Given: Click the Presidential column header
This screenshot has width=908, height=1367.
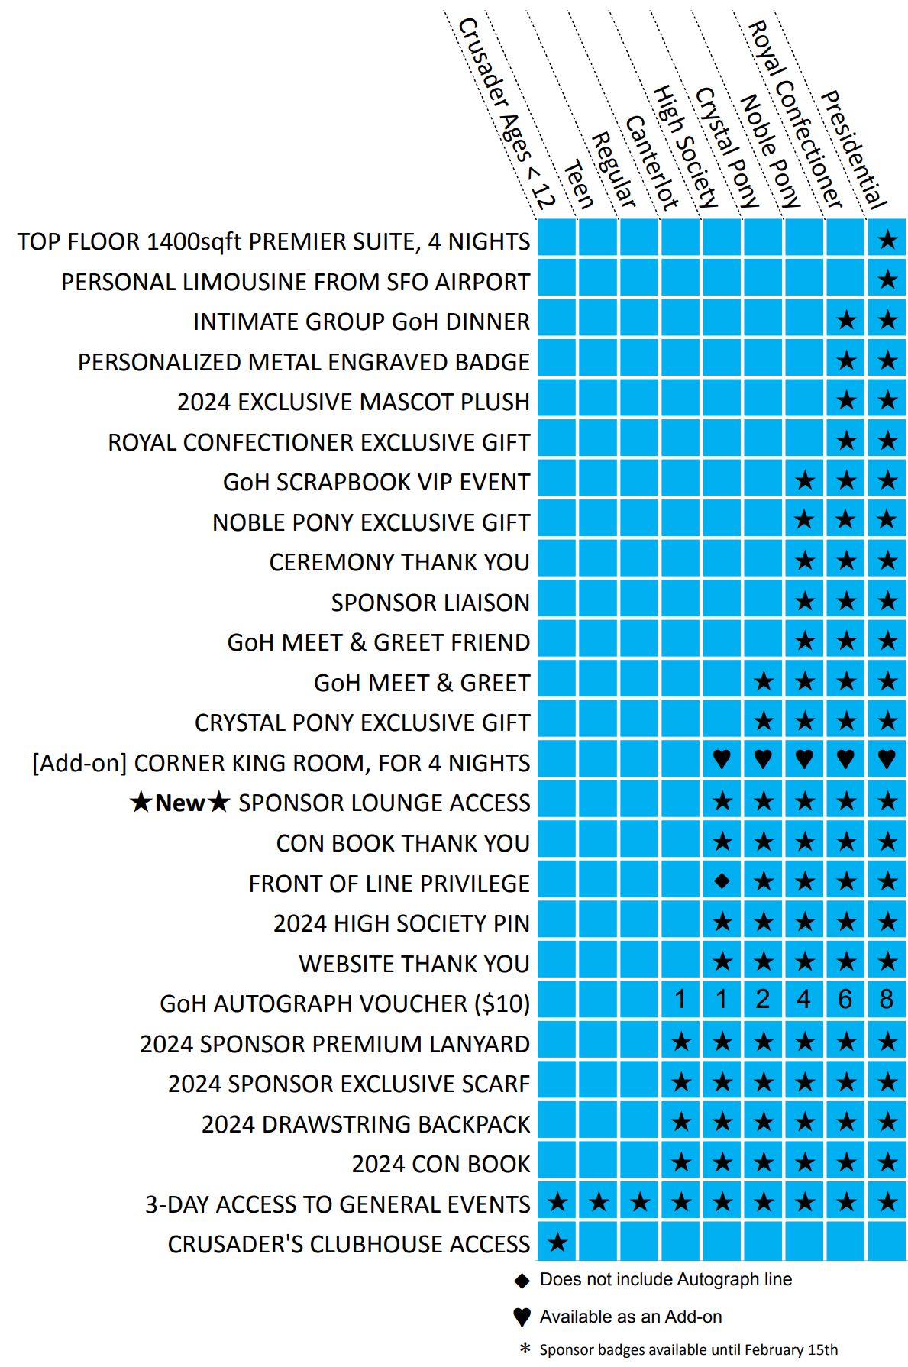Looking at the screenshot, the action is pos(854,150).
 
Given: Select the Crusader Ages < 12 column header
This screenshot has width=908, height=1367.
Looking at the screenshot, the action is pos(506,115).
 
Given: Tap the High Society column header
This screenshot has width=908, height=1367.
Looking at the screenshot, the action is pos(686,147).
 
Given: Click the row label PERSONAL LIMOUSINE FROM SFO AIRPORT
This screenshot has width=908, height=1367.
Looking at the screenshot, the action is pos(296,282).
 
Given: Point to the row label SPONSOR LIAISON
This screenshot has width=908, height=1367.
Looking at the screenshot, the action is pos(430,603).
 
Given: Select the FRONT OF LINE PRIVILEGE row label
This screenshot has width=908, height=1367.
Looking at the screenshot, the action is pos(389,884).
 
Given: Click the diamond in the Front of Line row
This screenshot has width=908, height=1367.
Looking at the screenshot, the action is pos(722,881).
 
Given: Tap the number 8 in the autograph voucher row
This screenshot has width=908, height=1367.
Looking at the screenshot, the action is pos(886,999).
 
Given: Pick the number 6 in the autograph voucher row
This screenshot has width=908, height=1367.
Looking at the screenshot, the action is pos(845,999).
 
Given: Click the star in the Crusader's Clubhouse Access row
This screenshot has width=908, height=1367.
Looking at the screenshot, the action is pos(557,1242).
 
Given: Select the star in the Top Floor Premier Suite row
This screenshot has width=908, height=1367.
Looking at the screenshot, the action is pos(887,240).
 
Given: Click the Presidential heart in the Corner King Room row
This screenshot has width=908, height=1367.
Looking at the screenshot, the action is pos(886,759).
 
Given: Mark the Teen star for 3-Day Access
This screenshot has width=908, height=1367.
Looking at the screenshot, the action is pos(599,1202).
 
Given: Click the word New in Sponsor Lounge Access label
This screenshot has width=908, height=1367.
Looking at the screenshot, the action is pos(179,803).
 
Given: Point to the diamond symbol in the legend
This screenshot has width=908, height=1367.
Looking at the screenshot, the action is pos(522,1280).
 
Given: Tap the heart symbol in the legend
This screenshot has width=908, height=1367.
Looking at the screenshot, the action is pos(522,1317).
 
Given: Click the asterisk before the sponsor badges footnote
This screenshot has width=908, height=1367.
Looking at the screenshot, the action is pos(525,1349).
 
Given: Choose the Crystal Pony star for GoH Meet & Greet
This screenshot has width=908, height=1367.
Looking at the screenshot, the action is pos(763,680).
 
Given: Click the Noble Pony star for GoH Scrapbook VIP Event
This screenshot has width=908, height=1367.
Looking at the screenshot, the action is pos(804,480).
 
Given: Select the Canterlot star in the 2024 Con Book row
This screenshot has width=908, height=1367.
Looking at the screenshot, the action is pos(681,1162).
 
